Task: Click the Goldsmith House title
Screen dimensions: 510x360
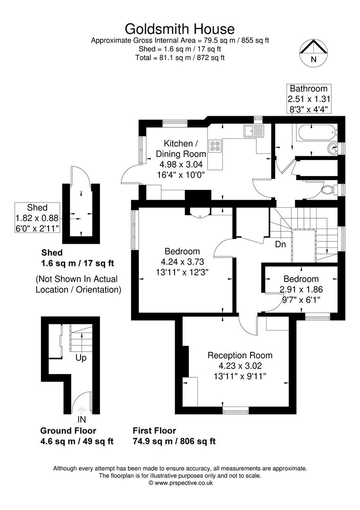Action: (180, 29)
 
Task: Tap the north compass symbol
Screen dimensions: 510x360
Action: (313, 51)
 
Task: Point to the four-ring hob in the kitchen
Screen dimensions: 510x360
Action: (215, 146)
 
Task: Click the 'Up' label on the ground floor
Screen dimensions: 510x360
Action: (81, 358)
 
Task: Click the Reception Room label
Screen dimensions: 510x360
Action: (240, 355)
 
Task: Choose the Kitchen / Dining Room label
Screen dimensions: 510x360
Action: (184, 148)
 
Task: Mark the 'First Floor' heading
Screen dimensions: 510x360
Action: (154, 431)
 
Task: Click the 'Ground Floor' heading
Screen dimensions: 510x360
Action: (68, 431)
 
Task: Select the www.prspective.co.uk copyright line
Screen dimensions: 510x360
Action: (180, 483)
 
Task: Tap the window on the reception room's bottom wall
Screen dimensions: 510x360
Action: (235, 410)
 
